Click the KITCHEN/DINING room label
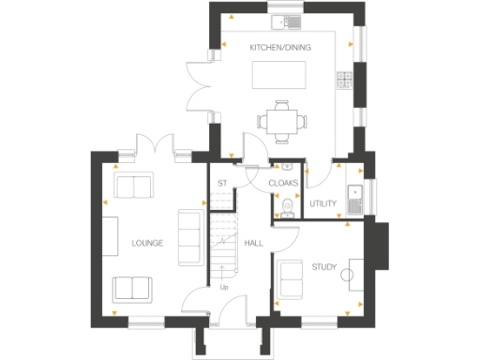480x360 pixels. pyautogui.click(x=280, y=48)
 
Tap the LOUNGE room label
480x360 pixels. pyautogui.click(x=147, y=244)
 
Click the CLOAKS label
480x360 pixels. pyautogui.click(x=283, y=183)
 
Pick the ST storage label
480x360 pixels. pyautogui.click(x=222, y=183)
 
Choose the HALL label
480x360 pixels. pyautogui.click(x=253, y=243)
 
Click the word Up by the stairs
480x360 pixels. pyautogui.click(x=224, y=287)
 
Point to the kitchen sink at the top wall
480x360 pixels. pyautogui.click(x=282, y=20)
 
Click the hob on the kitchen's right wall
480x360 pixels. pyautogui.click(x=344, y=79)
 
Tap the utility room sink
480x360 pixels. pyautogui.click(x=353, y=196)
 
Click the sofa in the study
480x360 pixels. pyautogui.click(x=288, y=278)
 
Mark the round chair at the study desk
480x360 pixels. pyautogui.click(x=345, y=274)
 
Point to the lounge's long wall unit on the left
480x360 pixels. pyautogui.click(x=109, y=241)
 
